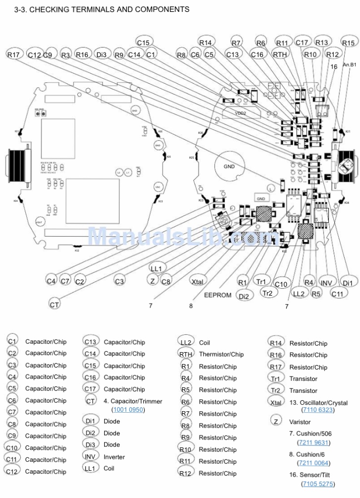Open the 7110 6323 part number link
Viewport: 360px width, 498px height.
(x=317, y=410)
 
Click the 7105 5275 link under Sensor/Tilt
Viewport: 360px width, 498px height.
(x=317, y=484)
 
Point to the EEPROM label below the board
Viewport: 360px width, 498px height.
(x=218, y=295)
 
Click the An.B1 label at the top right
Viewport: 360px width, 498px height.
(x=350, y=64)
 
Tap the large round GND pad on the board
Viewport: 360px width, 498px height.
(x=229, y=167)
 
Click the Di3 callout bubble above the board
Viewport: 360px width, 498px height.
(x=102, y=54)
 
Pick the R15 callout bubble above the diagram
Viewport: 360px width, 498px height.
(x=348, y=43)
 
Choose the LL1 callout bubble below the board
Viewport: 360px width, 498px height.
(x=156, y=268)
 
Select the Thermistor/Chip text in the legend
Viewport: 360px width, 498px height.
(x=221, y=354)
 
